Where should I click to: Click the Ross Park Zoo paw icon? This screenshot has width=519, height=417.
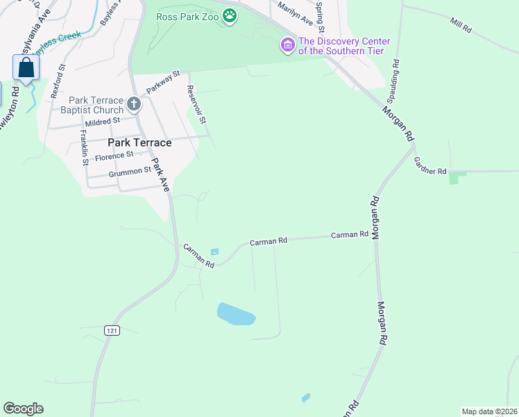point(230,15)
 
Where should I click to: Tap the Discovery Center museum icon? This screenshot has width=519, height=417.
point(287,46)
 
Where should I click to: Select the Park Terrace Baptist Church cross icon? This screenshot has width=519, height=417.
point(134,105)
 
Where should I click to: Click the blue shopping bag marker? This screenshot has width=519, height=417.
point(26,68)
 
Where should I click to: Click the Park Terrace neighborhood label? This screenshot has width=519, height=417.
point(139,142)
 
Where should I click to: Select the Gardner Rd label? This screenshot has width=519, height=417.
point(429,165)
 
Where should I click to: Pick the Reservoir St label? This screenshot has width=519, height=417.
point(198,105)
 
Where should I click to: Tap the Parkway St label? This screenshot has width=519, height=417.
point(162,83)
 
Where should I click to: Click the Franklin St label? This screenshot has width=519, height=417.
point(84,147)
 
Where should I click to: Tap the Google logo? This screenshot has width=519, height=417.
point(23,409)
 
